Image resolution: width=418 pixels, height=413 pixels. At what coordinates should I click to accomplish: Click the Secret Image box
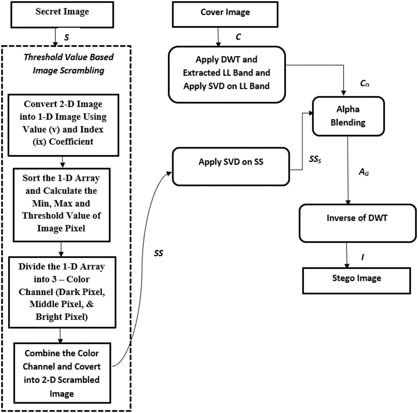62,14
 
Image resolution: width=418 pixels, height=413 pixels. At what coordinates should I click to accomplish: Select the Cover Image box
225,14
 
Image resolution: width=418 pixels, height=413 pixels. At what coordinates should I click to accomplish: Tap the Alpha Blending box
348,116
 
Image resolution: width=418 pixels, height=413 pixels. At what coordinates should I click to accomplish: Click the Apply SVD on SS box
231,166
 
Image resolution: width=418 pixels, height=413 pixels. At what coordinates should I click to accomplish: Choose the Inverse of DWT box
357,223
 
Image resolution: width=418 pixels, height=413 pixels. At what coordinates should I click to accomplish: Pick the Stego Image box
356,280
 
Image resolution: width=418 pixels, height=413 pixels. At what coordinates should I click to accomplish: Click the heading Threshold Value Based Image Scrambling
69,64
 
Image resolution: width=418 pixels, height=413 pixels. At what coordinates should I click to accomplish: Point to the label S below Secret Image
66,38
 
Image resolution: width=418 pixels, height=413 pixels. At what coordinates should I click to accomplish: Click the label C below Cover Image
238,37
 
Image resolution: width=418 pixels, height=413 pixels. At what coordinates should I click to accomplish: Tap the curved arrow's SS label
158,253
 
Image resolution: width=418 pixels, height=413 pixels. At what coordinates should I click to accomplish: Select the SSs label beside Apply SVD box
315,159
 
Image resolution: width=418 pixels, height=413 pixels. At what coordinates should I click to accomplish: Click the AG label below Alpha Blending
363,172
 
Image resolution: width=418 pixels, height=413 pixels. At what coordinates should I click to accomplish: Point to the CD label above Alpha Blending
364,83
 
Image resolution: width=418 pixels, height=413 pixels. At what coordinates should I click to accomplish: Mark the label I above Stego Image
362,257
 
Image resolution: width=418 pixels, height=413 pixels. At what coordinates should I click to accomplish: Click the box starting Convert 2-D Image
63,125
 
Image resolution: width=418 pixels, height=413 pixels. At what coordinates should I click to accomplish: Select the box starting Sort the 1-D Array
61,205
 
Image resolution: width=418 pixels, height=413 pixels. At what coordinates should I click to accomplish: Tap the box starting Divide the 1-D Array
62,292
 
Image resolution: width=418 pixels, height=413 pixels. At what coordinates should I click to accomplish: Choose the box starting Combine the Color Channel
62,373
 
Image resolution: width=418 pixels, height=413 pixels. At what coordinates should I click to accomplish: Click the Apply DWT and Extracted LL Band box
227,74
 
